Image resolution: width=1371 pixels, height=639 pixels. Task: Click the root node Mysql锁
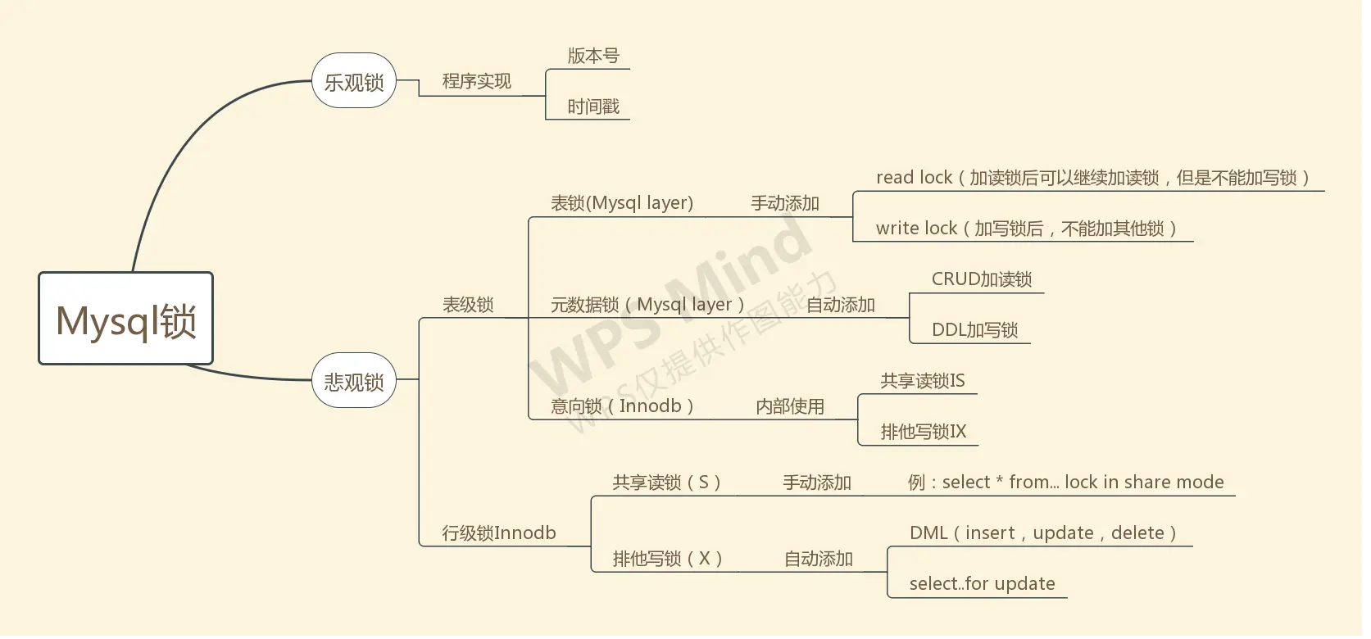[x=125, y=319]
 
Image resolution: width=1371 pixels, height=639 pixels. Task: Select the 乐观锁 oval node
[x=354, y=82]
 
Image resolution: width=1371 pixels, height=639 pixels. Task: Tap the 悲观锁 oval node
[x=354, y=381]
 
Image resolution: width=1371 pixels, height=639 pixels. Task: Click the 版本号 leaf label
[x=593, y=56]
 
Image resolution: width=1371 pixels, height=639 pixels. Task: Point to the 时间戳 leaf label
[x=593, y=106]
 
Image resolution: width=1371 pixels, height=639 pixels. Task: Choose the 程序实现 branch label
[x=476, y=81]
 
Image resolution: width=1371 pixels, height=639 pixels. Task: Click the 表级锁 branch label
[x=468, y=305]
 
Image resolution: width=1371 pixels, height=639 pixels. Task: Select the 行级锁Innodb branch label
[x=498, y=532]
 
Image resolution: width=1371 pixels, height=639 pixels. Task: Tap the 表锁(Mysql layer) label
[x=622, y=203]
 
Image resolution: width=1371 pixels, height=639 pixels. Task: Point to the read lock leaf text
[x=1094, y=178]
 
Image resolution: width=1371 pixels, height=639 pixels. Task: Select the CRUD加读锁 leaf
[x=982, y=279]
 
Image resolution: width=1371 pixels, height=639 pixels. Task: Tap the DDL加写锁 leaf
[x=974, y=330]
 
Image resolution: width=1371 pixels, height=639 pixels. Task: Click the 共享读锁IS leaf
[x=923, y=381]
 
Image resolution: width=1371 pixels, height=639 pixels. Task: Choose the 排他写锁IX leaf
[x=924, y=432]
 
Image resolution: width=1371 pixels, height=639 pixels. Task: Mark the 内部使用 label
[x=790, y=406]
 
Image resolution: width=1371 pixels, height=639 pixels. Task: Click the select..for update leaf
[x=982, y=583]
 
